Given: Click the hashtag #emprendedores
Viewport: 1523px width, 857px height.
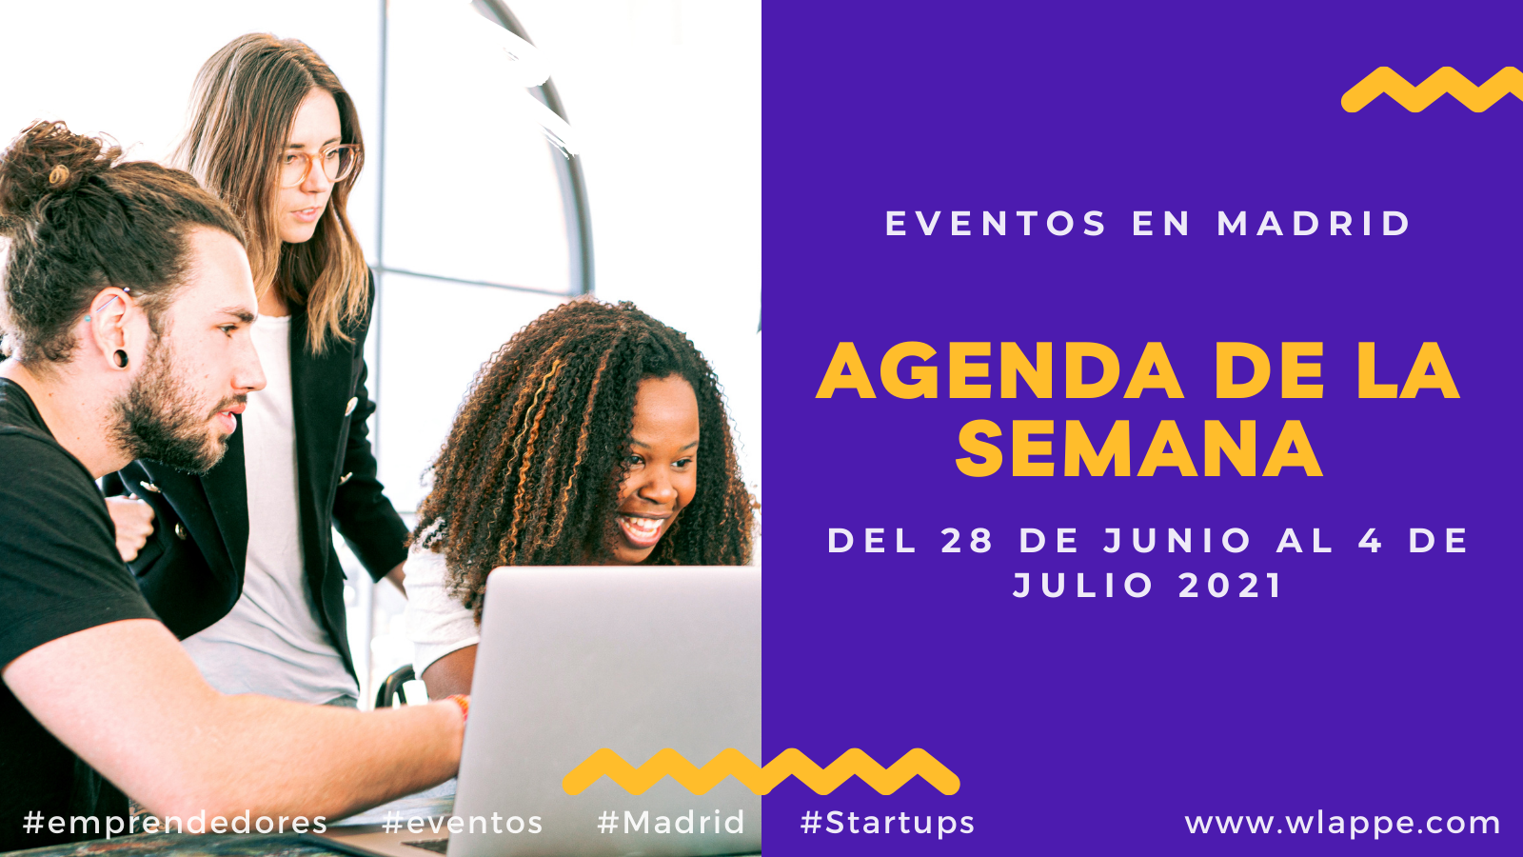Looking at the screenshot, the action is point(175,823).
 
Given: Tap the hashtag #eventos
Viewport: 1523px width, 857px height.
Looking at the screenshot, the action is point(463,823).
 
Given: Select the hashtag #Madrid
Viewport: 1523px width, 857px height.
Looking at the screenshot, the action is point(671,823).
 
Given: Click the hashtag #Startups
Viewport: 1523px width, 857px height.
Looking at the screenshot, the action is point(887,823).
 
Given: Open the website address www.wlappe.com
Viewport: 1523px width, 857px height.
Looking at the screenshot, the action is point(1342,824).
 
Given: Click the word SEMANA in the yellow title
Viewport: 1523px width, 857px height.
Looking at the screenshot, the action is point(1138,448).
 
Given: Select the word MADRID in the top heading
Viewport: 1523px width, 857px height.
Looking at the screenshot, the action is point(1313,224).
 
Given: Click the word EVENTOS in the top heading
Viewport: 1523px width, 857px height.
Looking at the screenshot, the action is point(996,224).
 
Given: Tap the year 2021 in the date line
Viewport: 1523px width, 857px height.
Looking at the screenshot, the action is point(1230,586).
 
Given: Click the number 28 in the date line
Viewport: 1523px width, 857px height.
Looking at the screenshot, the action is point(966,542).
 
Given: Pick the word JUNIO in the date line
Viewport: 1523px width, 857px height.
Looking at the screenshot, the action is point(1177,542).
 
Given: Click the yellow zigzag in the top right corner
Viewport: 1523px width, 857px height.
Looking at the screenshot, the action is point(1432,90).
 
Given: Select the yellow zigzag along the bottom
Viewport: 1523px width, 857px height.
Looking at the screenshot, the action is point(761,772).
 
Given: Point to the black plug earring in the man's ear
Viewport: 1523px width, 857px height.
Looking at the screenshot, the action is point(120,358).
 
